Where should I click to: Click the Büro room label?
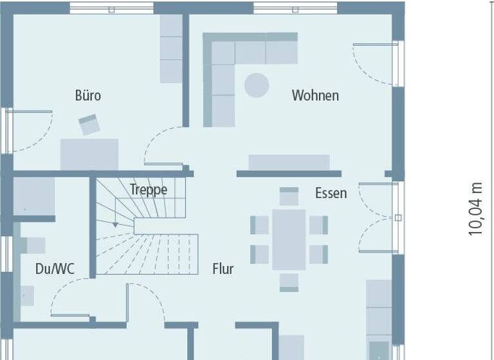point(88,96)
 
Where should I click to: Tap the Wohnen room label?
point(315,96)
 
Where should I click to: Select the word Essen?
point(331,193)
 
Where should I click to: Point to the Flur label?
point(223,269)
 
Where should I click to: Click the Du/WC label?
point(55,269)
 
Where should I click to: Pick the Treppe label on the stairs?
point(149,190)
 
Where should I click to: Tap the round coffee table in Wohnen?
point(257,85)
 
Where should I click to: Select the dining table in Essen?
point(289,239)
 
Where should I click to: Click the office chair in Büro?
point(89,124)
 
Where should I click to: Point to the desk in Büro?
point(89,154)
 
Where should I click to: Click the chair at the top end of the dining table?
point(289,197)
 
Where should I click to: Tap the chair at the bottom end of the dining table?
point(289,282)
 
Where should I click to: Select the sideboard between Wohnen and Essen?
point(289,162)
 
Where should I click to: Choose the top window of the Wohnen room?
point(295,8)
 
